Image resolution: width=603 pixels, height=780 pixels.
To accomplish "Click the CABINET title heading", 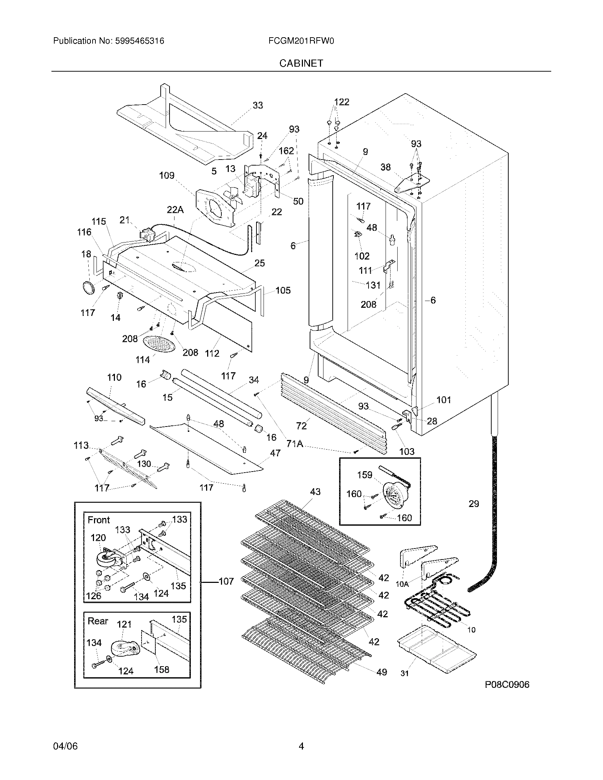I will point(301,63).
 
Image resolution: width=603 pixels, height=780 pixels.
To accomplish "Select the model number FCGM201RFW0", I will point(301,41).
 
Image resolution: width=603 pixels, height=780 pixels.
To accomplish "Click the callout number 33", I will point(258,105).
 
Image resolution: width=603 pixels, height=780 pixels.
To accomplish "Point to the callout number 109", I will point(166,175).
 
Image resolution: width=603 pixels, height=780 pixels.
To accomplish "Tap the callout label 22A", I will point(175,210).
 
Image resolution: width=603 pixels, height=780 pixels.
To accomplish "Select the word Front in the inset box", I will point(99,520).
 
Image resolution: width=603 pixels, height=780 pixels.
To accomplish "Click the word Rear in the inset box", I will point(98,621).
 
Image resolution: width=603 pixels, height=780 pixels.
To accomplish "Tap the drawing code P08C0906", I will point(507,685).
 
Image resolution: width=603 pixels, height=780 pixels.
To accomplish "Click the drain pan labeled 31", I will point(437,653).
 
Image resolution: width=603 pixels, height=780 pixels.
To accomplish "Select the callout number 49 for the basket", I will point(382,672).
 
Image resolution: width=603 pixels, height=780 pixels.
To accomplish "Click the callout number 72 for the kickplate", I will point(301,426).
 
